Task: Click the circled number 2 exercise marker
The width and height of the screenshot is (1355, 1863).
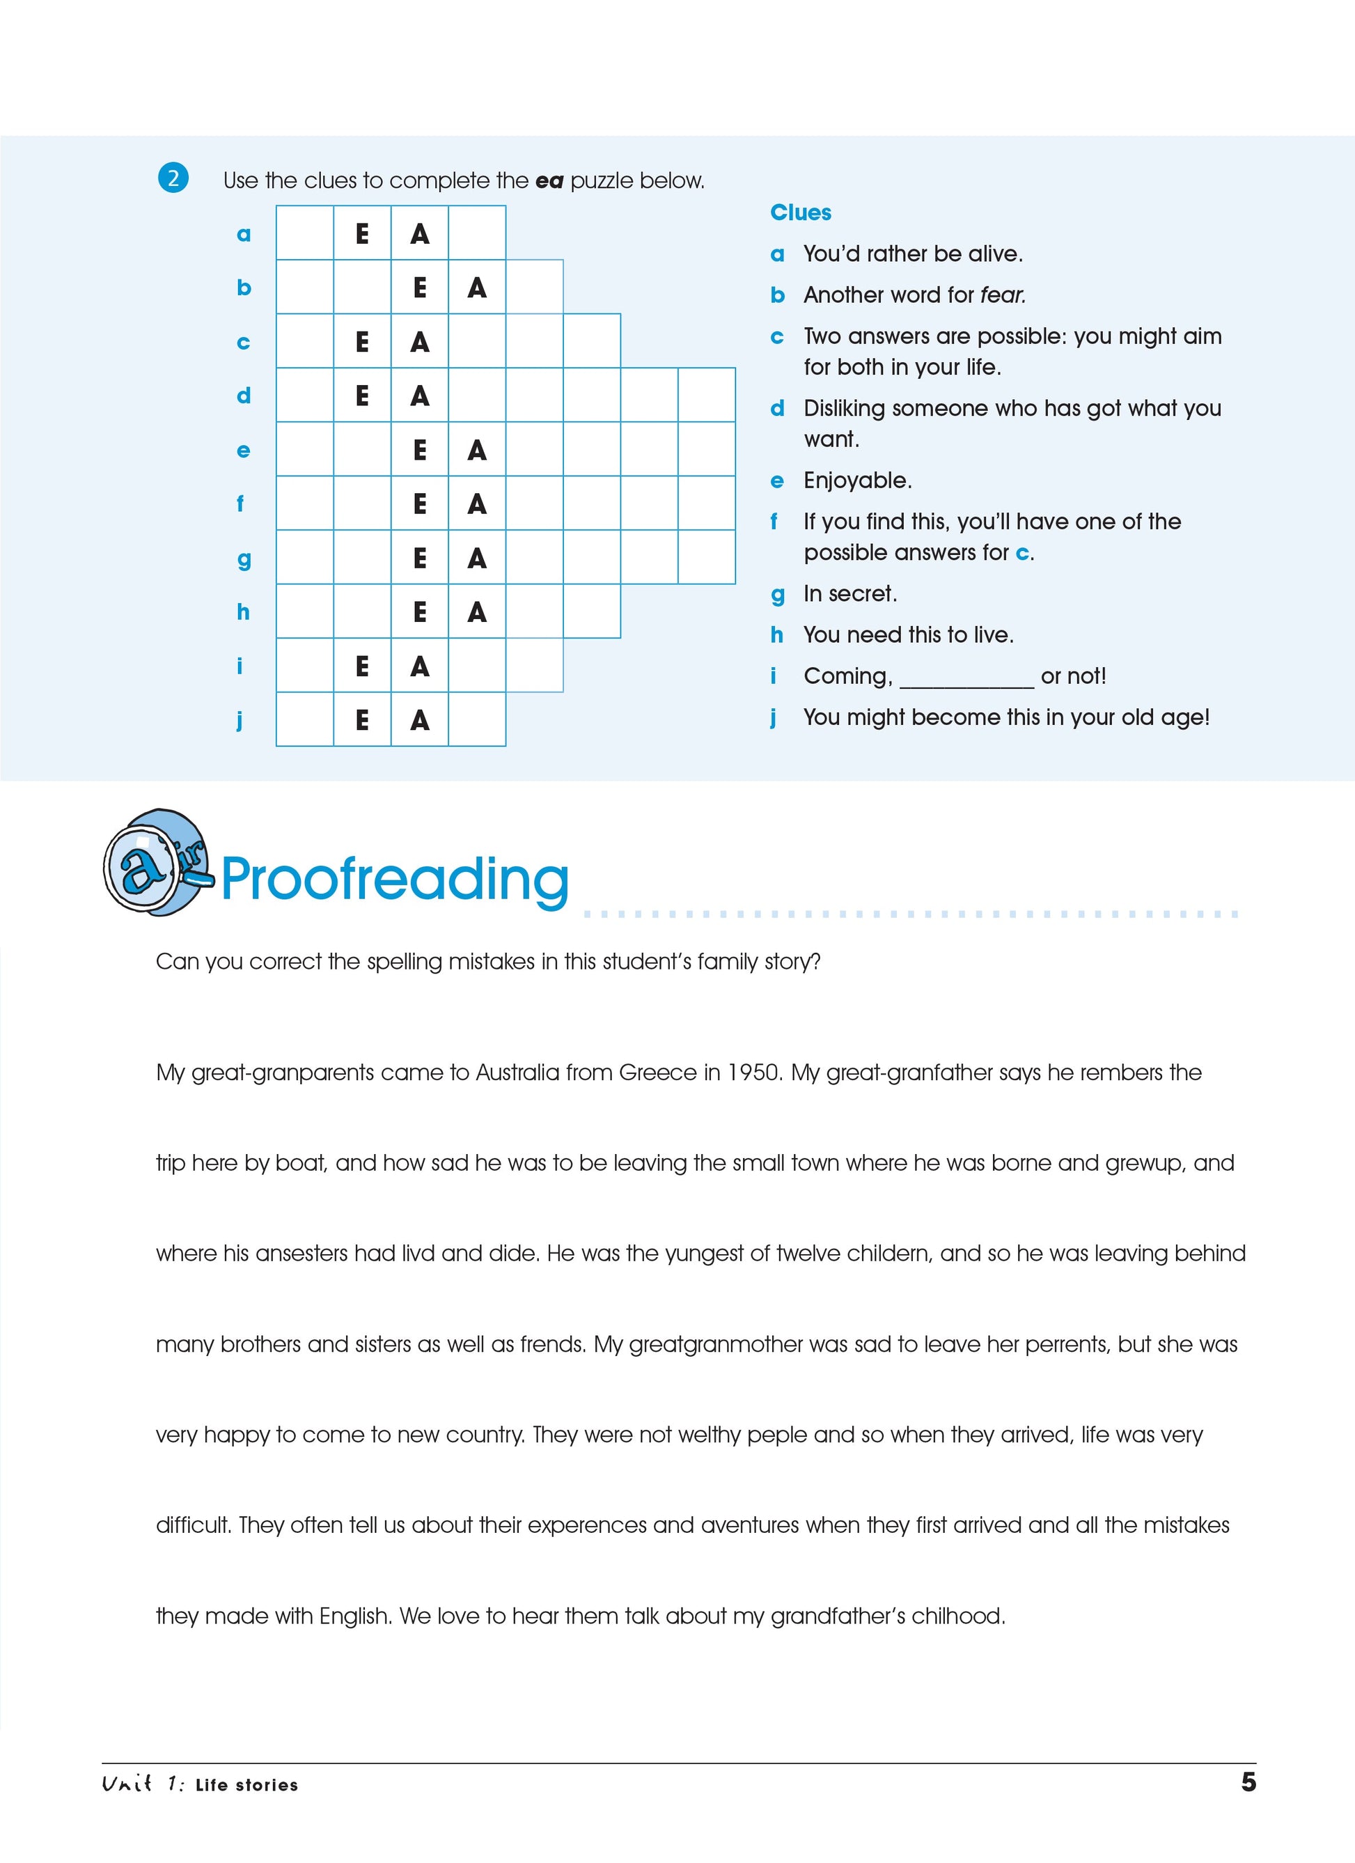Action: coord(173,178)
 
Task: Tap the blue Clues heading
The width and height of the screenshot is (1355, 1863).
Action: coord(800,212)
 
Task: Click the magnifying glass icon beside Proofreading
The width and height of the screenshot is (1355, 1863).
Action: coord(155,862)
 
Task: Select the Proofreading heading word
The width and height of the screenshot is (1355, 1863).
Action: coord(394,880)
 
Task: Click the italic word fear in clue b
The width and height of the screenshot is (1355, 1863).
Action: coord(1002,295)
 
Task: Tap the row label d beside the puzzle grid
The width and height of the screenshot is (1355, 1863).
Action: coord(243,396)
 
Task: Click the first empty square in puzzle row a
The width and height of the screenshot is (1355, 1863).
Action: coord(305,233)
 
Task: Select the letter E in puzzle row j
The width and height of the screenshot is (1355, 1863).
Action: coord(362,719)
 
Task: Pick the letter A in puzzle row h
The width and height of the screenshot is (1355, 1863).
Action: coord(476,612)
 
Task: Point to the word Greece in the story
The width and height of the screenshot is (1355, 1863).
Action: coord(657,1072)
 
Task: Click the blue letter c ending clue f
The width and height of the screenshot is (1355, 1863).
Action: coord(1022,553)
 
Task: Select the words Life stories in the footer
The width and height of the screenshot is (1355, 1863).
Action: coord(246,1784)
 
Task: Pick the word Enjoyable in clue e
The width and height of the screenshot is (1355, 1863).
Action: coord(856,481)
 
